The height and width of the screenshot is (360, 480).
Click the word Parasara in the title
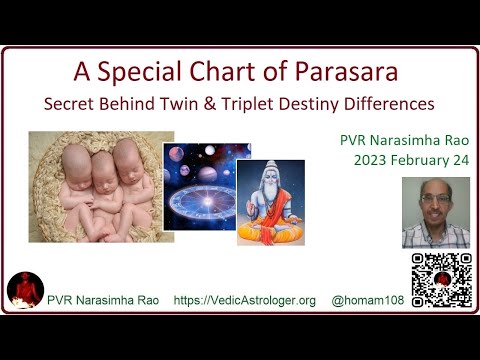point(346,71)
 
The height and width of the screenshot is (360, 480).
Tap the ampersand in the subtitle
point(210,104)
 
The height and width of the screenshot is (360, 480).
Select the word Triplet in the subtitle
point(248,104)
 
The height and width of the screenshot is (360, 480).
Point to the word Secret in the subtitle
point(69,104)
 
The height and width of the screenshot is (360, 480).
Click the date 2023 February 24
point(411,160)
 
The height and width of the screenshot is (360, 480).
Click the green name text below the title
point(404,140)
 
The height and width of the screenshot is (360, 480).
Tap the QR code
point(442,280)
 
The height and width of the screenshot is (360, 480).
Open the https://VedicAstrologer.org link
point(245,300)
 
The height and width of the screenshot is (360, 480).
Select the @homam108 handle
point(368,300)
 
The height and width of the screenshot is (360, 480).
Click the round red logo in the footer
point(25,290)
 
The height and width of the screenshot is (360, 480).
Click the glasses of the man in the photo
point(436,199)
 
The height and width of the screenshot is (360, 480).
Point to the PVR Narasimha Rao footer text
point(103,300)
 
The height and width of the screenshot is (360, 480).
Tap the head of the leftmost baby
point(76,163)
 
